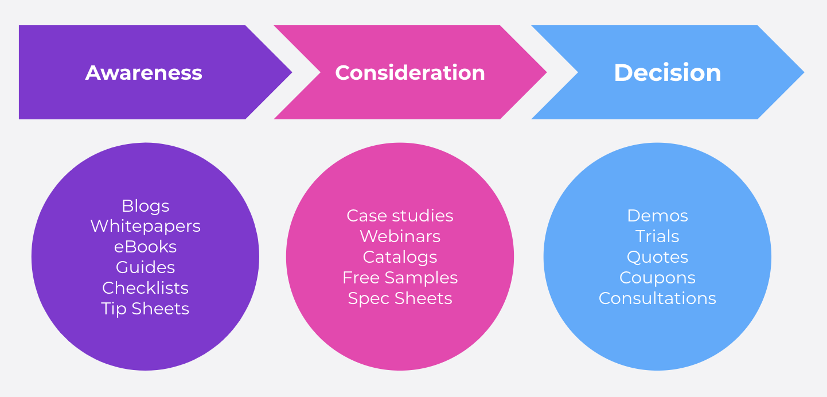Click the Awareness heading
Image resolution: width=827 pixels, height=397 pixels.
pyautogui.click(x=144, y=73)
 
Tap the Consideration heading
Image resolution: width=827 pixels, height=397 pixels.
pyautogui.click(x=410, y=73)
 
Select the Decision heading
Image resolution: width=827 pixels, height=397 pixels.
pyautogui.click(x=668, y=73)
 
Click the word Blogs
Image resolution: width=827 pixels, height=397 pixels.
pyautogui.click(x=146, y=206)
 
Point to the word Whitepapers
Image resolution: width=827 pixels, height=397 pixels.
pyautogui.click(x=146, y=226)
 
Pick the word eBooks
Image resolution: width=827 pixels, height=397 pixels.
pyautogui.click(x=146, y=247)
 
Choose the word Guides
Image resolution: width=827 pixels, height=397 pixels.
pyautogui.click(x=146, y=267)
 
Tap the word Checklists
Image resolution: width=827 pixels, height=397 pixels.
pyautogui.click(x=146, y=288)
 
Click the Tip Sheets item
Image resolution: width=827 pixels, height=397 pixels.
pyautogui.click(x=146, y=309)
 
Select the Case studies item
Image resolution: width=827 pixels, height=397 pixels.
pyautogui.click(x=400, y=216)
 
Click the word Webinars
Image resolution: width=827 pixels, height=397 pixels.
pyautogui.click(x=400, y=236)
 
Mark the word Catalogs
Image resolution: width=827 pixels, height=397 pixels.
pyautogui.click(x=400, y=257)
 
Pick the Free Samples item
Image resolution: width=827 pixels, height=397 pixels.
pyautogui.click(x=400, y=278)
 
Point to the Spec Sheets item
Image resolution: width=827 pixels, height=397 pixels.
pyautogui.click(x=400, y=298)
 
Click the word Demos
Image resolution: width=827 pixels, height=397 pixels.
pyautogui.click(x=657, y=216)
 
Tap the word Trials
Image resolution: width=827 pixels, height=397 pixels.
pyautogui.click(x=657, y=236)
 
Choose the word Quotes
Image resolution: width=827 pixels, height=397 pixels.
pyautogui.click(x=657, y=257)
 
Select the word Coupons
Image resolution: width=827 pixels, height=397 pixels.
pyautogui.click(x=657, y=278)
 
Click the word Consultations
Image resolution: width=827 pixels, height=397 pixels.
pyautogui.click(x=657, y=298)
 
